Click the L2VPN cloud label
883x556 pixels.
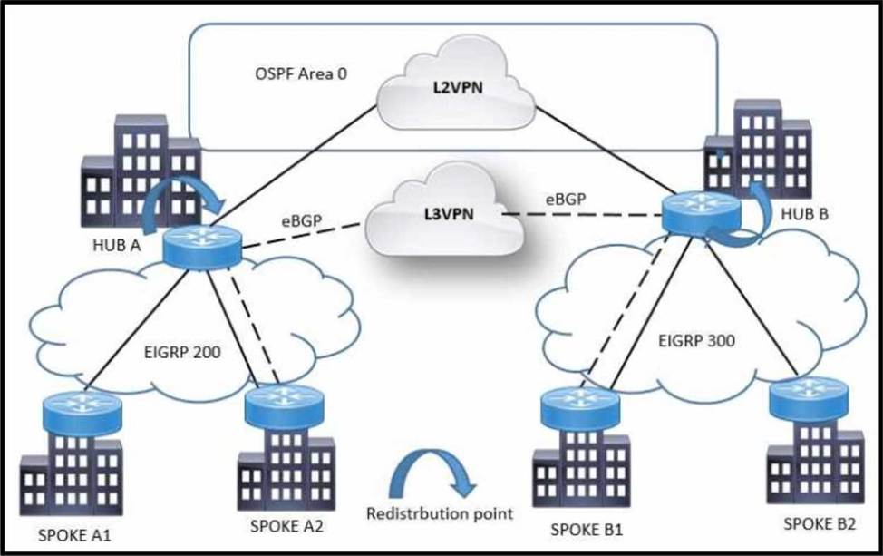(x=457, y=89)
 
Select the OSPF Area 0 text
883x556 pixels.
(x=301, y=73)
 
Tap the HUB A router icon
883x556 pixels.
(x=201, y=246)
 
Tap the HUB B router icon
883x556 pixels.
(x=701, y=214)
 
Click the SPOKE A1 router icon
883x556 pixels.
(x=82, y=406)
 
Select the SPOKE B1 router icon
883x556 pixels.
(x=579, y=408)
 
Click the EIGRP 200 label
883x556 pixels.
(x=182, y=353)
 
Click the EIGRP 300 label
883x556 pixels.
(x=696, y=341)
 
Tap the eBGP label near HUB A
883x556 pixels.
(x=302, y=221)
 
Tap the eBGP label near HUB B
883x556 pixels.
(x=566, y=200)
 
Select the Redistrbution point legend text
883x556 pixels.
(x=440, y=513)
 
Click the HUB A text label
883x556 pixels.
(x=117, y=246)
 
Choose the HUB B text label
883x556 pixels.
(x=805, y=214)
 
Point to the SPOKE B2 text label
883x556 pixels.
(x=820, y=524)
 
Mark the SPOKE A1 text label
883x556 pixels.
(x=74, y=535)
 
